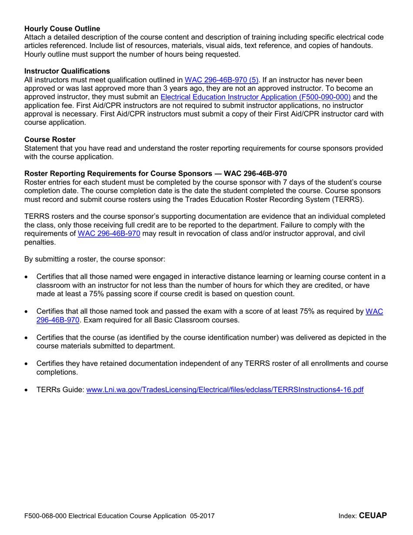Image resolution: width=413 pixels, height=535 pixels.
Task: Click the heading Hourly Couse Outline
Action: [x=62, y=29]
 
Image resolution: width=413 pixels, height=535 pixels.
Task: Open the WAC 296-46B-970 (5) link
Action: [x=222, y=80]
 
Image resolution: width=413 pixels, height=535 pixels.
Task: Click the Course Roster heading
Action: [x=50, y=139]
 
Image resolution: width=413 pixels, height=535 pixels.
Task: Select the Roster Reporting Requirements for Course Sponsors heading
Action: [x=156, y=173]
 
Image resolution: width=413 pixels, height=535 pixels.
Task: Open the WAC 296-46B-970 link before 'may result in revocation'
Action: [x=109, y=233]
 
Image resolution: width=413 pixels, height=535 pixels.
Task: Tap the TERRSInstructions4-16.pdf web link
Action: [x=225, y=390]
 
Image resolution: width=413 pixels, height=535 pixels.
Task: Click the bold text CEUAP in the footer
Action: [x=373, y=516]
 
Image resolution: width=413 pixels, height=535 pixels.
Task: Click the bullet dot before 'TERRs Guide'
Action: [x=27, y=390]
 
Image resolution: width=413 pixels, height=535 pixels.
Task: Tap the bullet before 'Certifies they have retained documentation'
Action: [x=27, y=364]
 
